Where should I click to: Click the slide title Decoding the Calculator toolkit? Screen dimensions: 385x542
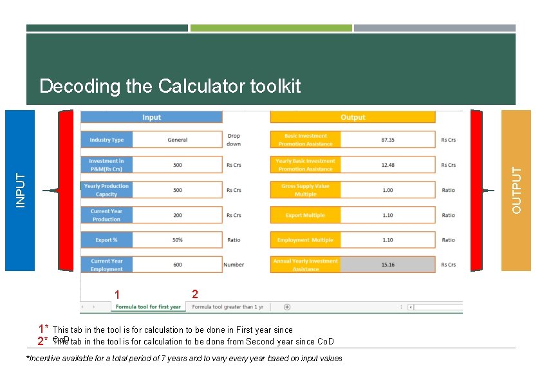click(x=170, y=86)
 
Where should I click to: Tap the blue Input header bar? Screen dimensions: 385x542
click(x=151, y=117)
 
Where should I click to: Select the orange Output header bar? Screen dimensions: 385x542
click(x=353, y=117)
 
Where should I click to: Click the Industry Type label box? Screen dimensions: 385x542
click(x=107, y=140)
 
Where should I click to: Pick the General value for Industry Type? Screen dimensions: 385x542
click(x=177, y=140)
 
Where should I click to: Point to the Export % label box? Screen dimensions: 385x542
click(x=107, y=240)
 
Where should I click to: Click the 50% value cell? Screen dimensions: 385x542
click(x=177, y=240)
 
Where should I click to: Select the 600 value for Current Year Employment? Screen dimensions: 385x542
click(x=177, y=265)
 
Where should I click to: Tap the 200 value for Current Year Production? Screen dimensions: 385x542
click(x=177, y=215)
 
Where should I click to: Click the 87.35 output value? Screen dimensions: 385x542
click(x=388, y=140)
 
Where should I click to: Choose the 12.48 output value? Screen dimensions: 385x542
click(x=388, y=165)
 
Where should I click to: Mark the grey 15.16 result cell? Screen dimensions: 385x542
click(x=388, y=265)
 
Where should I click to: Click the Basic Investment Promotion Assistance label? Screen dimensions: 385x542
click(x=305, y=140)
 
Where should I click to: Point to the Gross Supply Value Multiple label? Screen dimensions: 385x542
click(x=305, y=190)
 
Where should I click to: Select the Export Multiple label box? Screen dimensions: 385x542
click(x=305, y=215)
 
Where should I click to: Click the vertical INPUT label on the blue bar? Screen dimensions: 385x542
click(x=21, y=190)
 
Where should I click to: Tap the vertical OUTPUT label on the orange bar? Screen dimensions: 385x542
click(x=516, y=190)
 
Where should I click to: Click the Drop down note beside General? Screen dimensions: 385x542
click(x=234, y=140)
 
